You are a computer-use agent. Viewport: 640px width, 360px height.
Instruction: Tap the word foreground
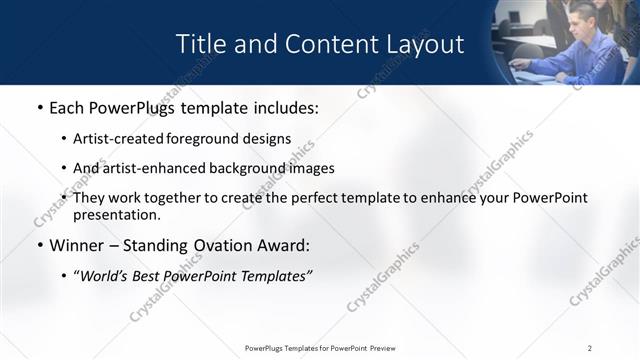click(x=214, y=138)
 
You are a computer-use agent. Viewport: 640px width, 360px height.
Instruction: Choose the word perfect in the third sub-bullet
click(x=325, y=198)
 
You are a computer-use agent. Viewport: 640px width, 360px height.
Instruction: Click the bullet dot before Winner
click(x=39, y=245)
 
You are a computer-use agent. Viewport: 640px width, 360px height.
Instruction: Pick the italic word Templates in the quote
click(x=272, y=276)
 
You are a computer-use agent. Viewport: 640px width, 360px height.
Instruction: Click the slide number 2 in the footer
click(x=590, y=348)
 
